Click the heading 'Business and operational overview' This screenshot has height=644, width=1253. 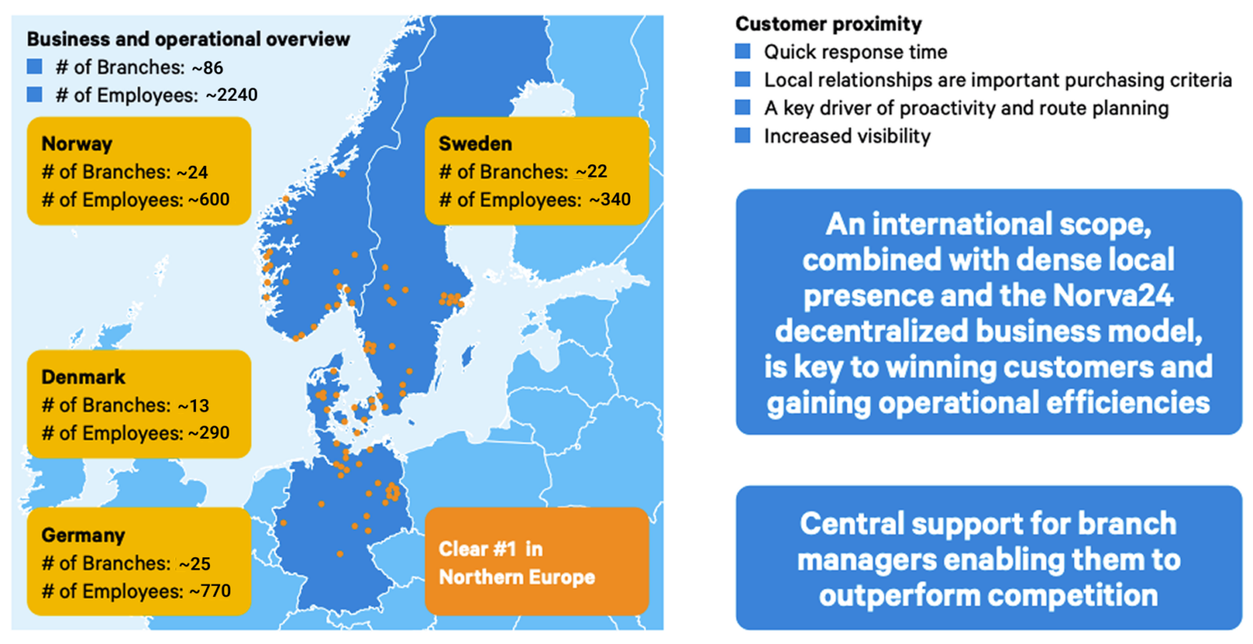click(x=188, y=39)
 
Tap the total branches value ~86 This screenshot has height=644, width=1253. click(x=208, y=68)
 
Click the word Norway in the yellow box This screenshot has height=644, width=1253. click(x=77, y=144)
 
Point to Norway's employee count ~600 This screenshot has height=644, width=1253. click(x=209, y=200)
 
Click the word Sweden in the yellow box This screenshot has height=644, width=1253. click(x=475, y=144)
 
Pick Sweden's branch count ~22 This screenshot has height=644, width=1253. click(x=591, y=171)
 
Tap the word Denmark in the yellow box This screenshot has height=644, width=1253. click(x=83, y=377)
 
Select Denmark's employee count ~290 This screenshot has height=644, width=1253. click(x=209, y=433)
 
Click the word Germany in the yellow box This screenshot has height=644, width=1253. click(x=83, y=535)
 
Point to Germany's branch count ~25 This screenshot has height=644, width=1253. click(x=194, y=563)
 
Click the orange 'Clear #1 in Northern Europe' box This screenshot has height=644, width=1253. click(x=536, y=562)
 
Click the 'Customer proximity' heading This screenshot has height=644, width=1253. click(x=829, y=24)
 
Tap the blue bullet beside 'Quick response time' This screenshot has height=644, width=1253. click(x=743, y=52)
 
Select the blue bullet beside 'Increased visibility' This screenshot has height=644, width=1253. click(x=743, y=135)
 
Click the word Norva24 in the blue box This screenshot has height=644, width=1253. click(x=1112, y=296)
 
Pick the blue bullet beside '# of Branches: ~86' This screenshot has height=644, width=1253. click(x=34, y=67)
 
